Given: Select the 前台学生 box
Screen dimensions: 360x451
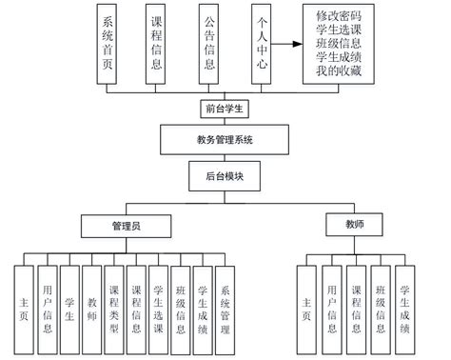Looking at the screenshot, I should pos(225,109).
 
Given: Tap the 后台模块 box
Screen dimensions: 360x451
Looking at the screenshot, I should pos(225,177).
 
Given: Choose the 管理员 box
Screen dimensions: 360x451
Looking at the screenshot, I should pos(127,227).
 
